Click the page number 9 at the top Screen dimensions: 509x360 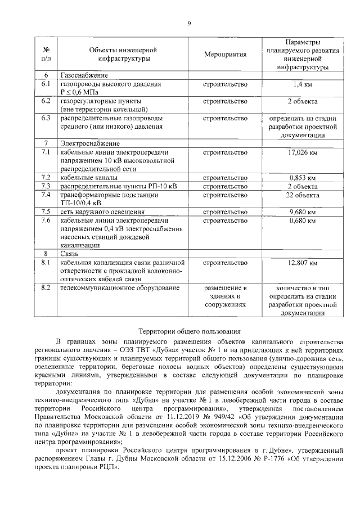tap(190, 22)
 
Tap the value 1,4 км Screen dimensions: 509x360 tap(303, 84)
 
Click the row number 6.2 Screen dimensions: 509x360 tap(46, 101)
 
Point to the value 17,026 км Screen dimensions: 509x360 tap(303, 152)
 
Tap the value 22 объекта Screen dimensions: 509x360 tap(303, 195)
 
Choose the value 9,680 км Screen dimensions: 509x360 tap(303, 212)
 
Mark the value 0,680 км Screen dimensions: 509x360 tap(303, 220)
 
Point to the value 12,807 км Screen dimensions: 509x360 tap(303, 263)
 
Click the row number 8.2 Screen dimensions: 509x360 tap(46, 289)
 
